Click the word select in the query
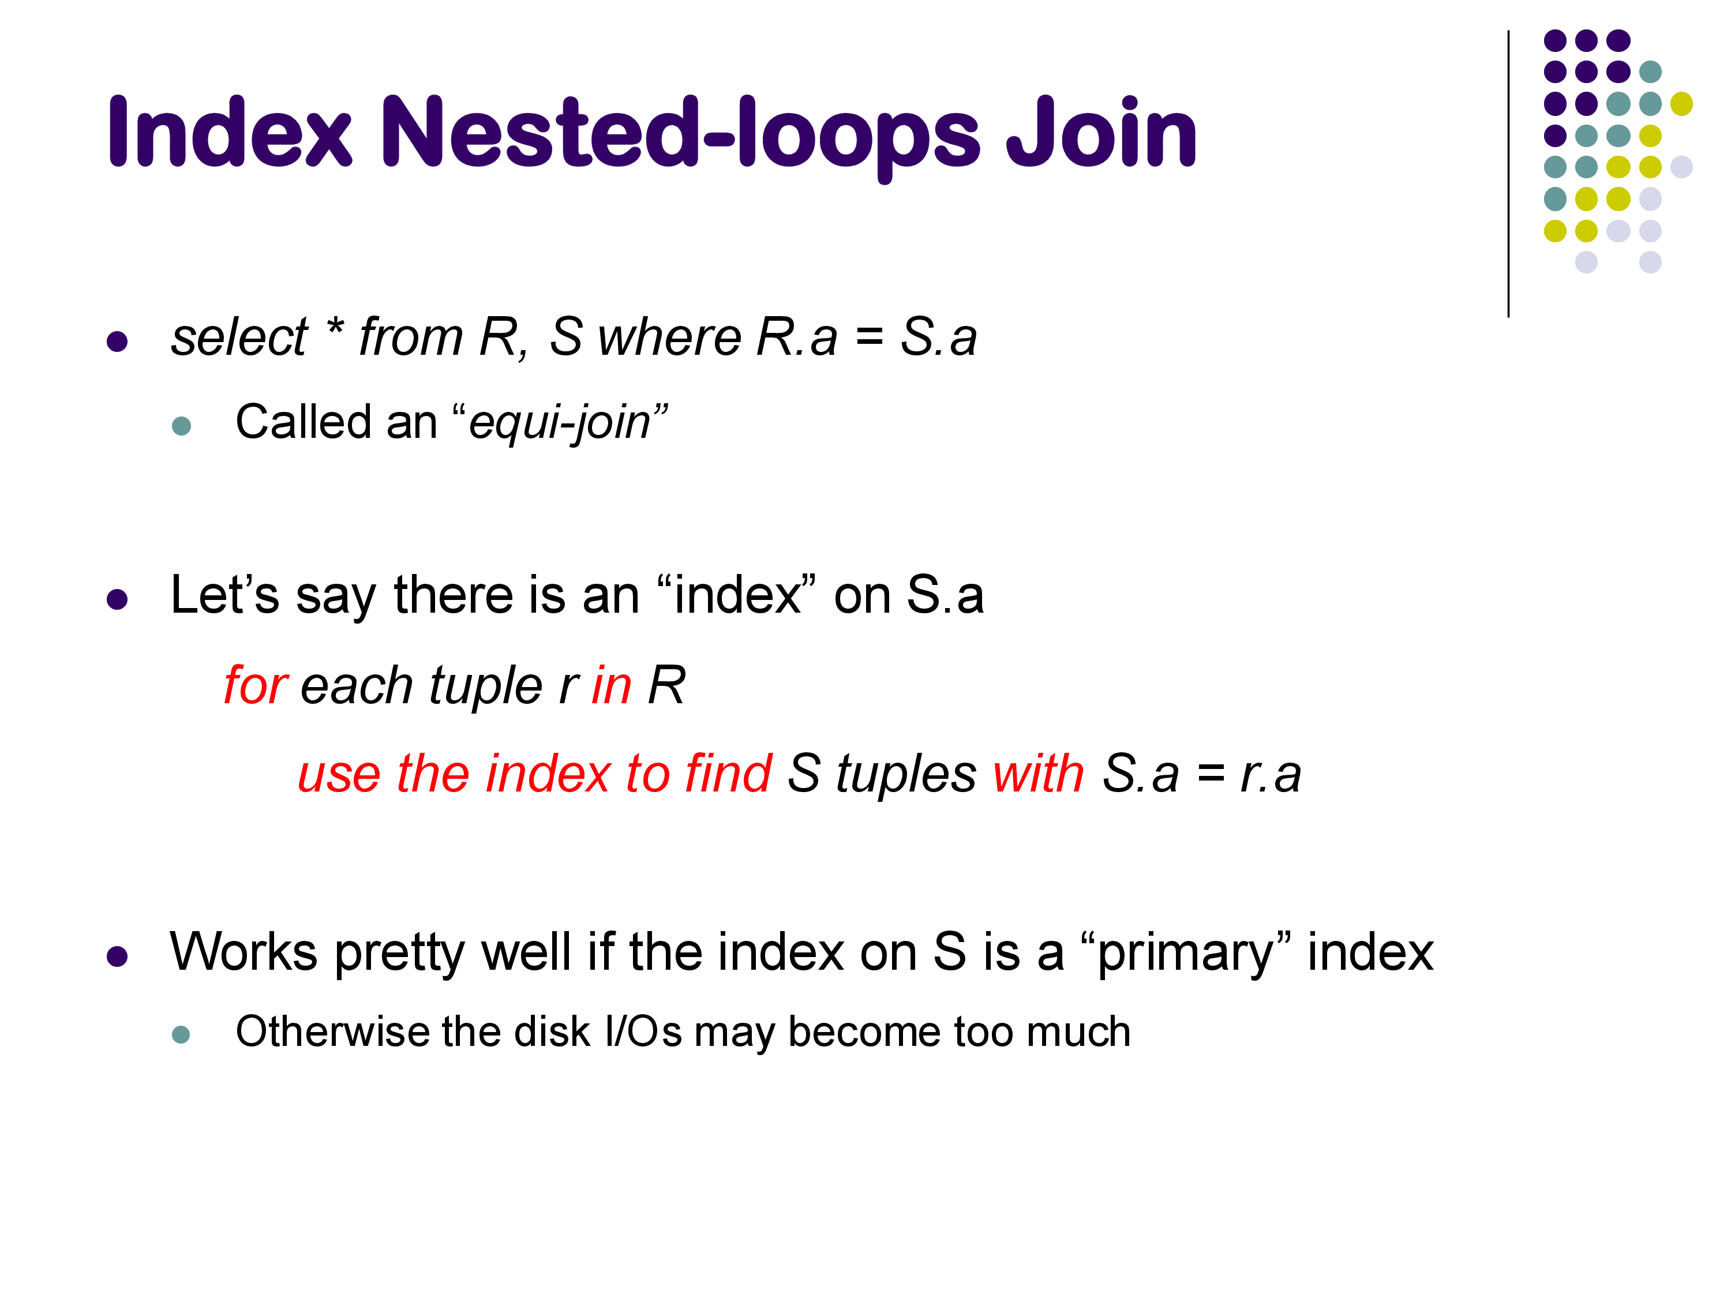click(x=239, y=337)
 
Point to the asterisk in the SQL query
click(x=335, y=327)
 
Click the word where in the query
click(x=669, y=337)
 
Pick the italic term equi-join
click(x=560, y=423)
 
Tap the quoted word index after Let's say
click(x=737, y=595)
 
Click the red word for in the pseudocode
click(x=256, y=685)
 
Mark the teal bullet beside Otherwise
click(x=181, y=1034)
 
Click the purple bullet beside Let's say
click(x=117, y=600)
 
